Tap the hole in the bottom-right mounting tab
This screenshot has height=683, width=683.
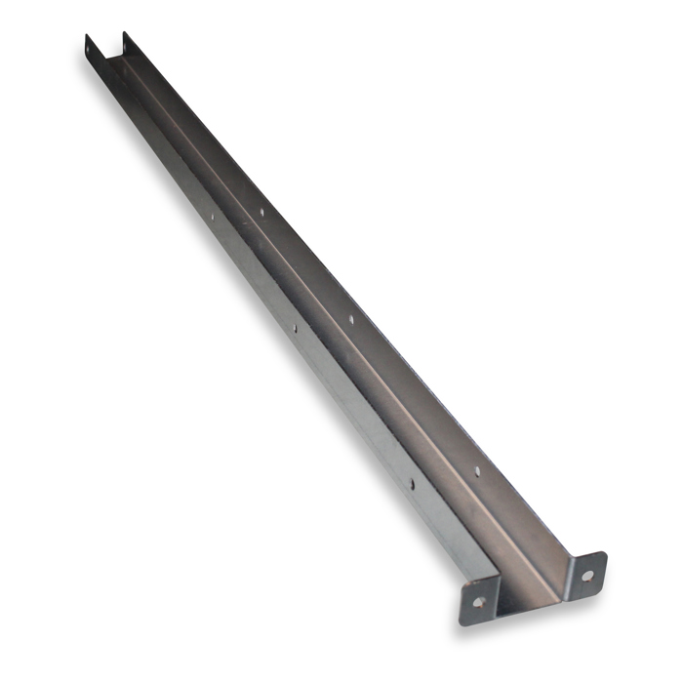587,576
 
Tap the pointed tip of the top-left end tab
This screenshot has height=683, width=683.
87,36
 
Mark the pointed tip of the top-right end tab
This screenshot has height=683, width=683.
124,33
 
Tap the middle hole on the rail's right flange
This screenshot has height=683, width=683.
352,319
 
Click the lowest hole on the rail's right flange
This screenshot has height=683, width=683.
477,472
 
